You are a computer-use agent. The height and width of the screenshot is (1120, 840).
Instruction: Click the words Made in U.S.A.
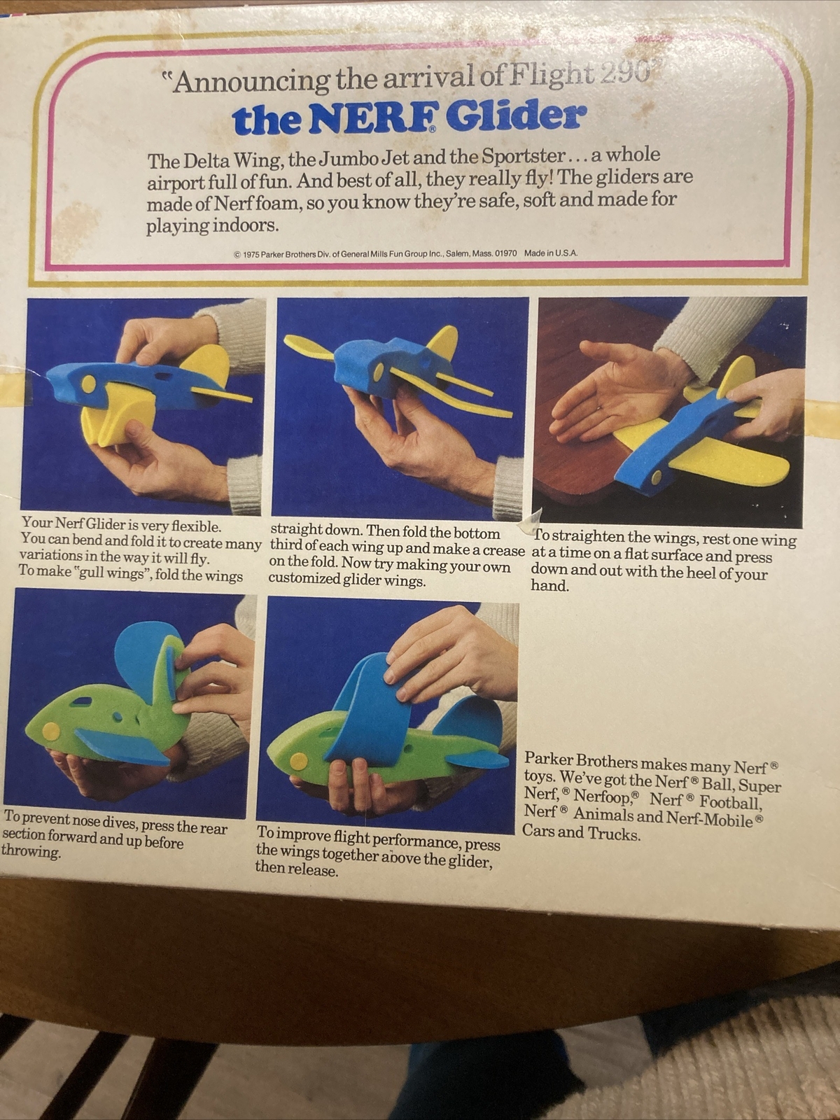pyautogui.click(x=551, y=253)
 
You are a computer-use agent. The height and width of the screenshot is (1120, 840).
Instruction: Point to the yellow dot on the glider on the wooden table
pyautogui.click(x=654, y=477)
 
